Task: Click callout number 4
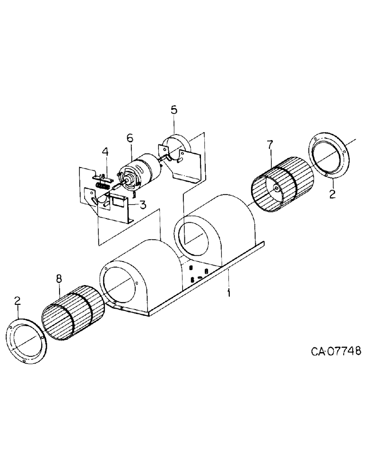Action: coord(105,152)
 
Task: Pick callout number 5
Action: coord(174,110)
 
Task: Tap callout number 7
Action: coord(270,145)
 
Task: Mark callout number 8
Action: coord(59,279)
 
